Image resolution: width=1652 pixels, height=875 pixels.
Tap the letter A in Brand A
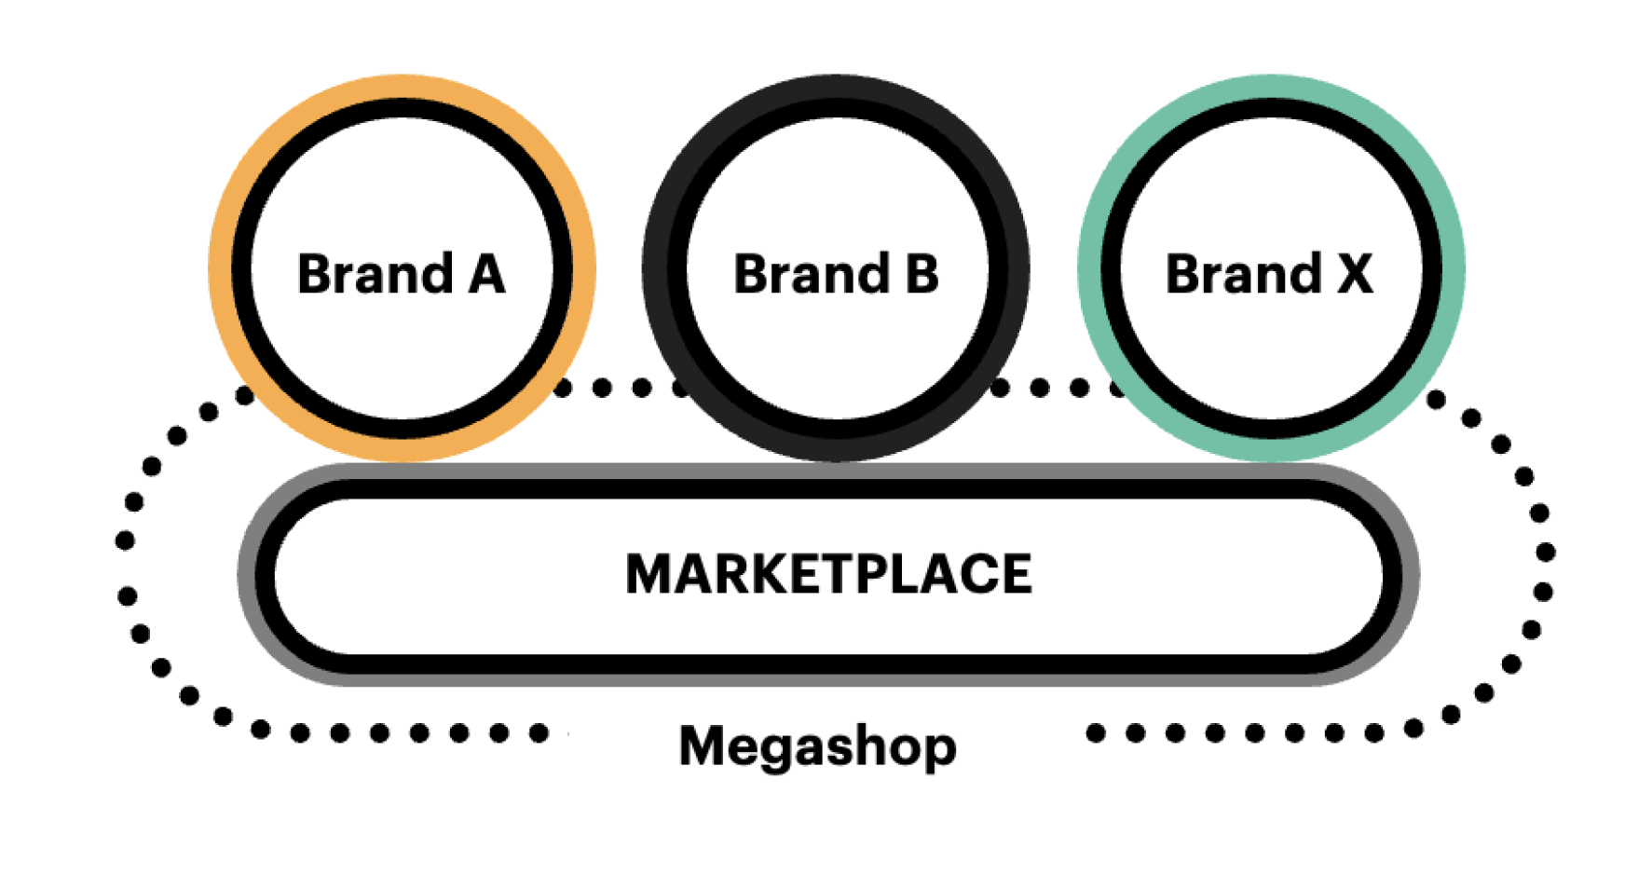click(x=486, y=274)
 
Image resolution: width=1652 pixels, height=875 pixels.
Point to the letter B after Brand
click(x=921, y=274)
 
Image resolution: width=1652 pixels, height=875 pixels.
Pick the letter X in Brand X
click(x=1355, y=274)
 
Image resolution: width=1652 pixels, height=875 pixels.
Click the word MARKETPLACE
click(x=828, y=573)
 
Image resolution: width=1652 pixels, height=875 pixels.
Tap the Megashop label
click(x=817, y=746)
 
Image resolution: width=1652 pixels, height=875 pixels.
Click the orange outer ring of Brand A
click(x=220, y=268)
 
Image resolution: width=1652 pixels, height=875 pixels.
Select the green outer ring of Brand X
click(x=1454, y=268)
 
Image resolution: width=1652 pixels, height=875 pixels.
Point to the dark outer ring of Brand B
click(x=655, y=268)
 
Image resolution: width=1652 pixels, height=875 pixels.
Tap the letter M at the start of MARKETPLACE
click(x=649, y=573)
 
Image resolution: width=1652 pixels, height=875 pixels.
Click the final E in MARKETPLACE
click(x=1016, y=573)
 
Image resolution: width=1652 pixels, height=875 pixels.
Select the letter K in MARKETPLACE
click(x=753, y=573)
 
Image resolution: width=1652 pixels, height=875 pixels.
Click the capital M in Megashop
click(x=701, y=745)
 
